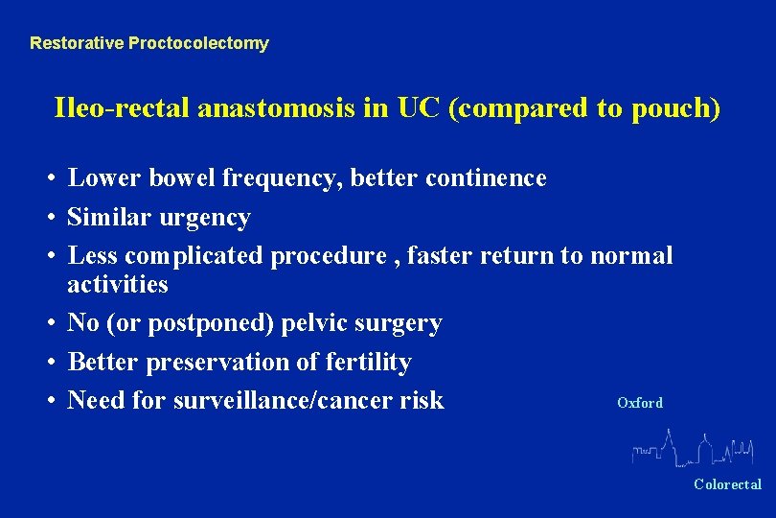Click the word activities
[x=117, y=285]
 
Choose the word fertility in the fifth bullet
[x=367, y=363]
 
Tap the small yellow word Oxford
[x=639, y=403]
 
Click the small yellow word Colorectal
[x=727, y=484]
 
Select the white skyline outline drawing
[x=694, y=446]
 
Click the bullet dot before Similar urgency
[x=47, y=219]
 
